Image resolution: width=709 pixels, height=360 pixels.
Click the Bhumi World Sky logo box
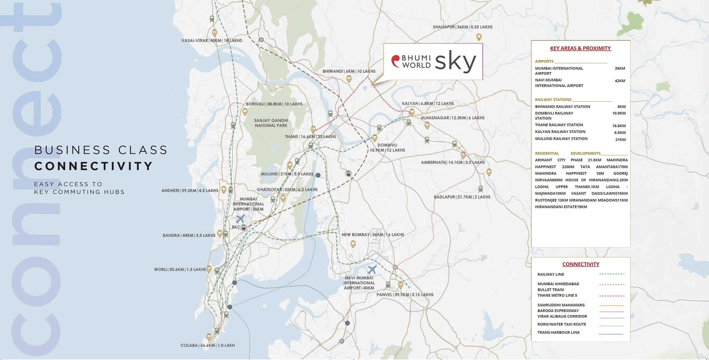coord(433,62)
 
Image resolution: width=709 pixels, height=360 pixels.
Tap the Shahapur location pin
coord(479,37)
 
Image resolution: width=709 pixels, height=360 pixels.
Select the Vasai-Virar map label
coord(212,40)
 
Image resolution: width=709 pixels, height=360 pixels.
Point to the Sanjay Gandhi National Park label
coord(271,123)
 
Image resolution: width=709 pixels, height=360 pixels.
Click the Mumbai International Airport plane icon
coord(240,219)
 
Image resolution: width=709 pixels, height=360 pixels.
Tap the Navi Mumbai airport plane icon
coord(372,270)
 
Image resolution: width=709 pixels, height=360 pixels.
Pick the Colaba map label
coord(207,345)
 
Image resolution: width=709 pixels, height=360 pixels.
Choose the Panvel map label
coord(405,294)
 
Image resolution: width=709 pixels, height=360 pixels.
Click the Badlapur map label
coord(462,197)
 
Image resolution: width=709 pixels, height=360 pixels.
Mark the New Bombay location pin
coord(353,244)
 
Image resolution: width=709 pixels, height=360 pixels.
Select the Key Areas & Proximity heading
coord(580,48)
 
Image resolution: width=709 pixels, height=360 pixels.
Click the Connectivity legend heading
coord(581,264)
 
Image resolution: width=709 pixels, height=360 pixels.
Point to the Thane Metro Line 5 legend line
coord(612,296)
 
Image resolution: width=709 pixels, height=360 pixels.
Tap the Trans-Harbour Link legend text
coord(558,332)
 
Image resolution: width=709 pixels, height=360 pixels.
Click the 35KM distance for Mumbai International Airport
coord(620,68)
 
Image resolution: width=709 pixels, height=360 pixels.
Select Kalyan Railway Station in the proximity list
coord(560,132)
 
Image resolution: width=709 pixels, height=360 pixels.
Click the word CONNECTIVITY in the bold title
coord(94,166)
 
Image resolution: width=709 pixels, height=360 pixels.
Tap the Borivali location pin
coord(245,112)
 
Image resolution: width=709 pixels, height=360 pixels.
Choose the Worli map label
coord(180,269)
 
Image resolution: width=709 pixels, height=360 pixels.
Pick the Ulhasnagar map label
coord(452,118)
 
